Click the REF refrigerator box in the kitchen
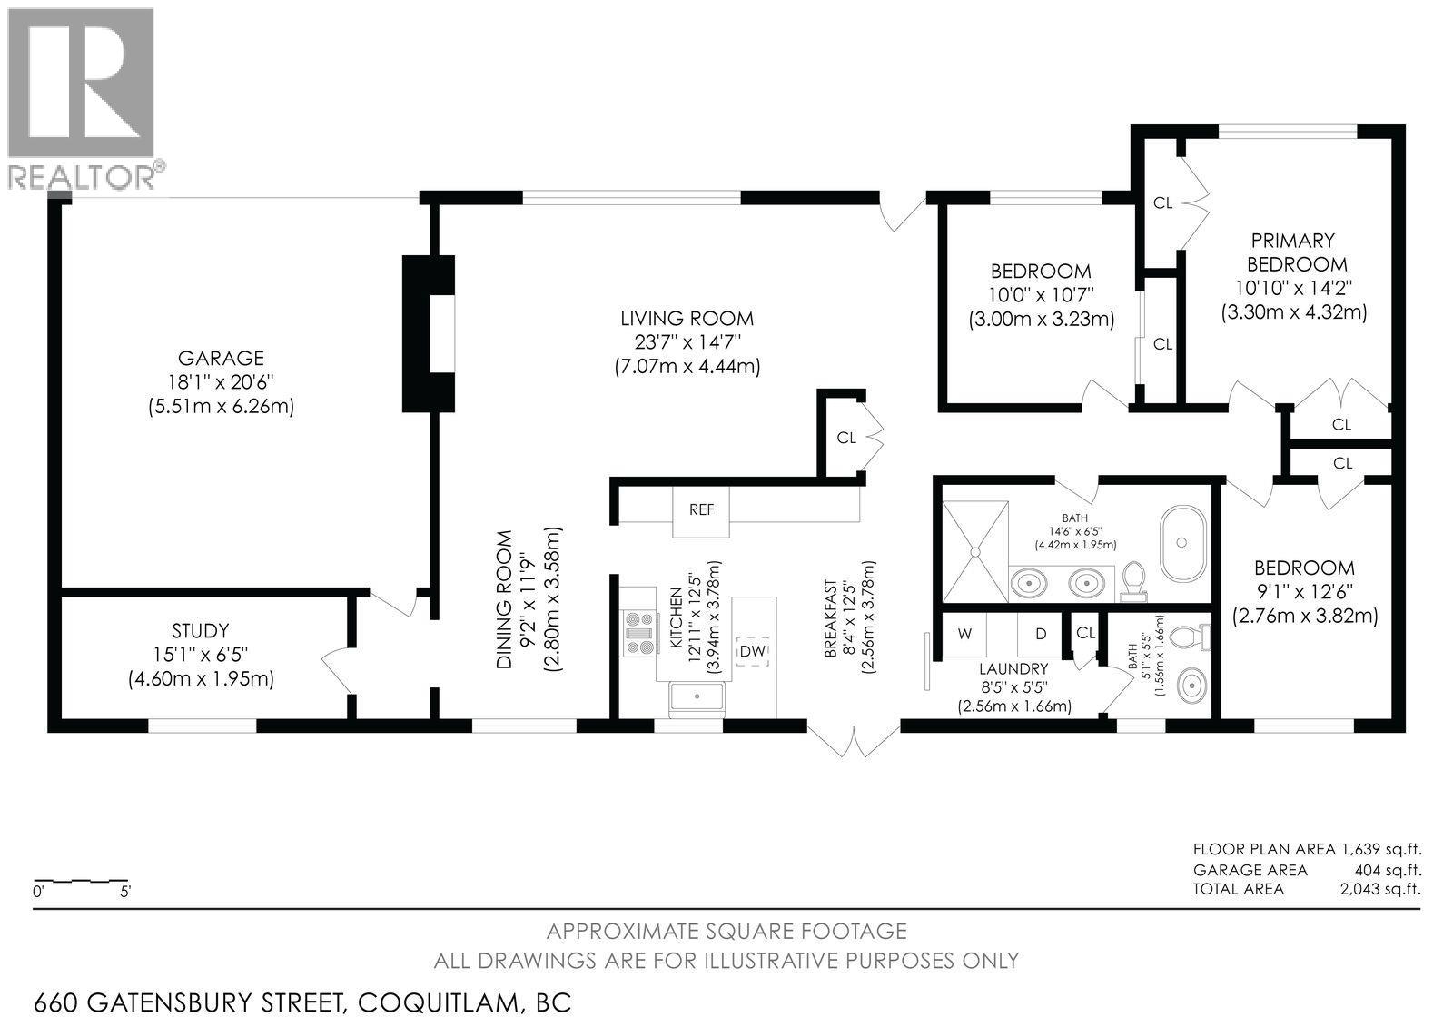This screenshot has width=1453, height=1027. point(701,510)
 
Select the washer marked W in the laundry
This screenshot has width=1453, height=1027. point(964,634)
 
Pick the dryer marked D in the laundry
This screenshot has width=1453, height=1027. point(1041,634)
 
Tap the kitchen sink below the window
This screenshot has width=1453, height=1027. point(697,697)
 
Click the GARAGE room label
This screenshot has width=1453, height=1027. point(221,358)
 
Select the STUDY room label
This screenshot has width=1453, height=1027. point(200,630)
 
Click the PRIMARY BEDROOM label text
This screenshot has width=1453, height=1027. point(1292,252)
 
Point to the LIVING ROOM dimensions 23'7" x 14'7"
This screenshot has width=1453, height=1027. point(687,342)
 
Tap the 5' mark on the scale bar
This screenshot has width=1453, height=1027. point(125,892)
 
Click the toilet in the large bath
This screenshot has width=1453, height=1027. point(1133,580)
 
